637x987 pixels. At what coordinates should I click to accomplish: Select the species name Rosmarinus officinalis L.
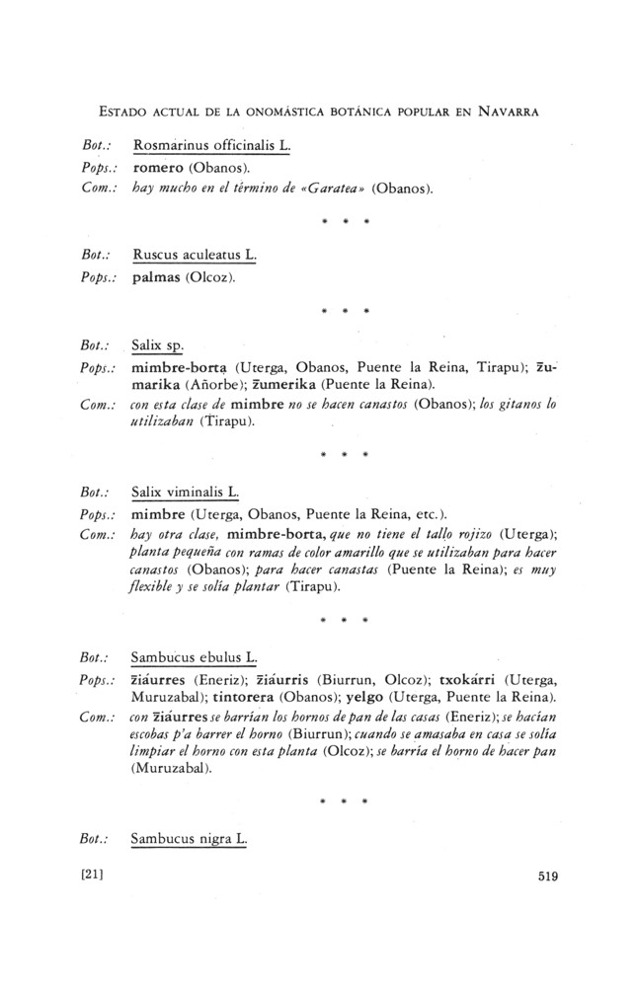click(210, 146)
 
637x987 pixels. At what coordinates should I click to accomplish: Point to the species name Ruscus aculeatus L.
click(193, 255)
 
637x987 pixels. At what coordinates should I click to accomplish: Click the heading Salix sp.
click(158, 346)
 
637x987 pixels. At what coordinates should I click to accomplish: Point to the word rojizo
click(473, 534)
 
